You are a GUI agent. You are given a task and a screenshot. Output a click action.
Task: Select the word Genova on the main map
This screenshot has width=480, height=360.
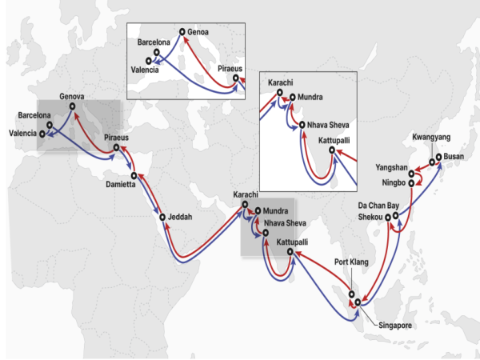pos(72,97)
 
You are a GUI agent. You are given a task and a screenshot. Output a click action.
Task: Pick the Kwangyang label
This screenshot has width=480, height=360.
pos(432,137)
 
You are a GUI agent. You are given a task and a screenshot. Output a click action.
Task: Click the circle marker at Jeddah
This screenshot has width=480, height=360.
pos(162,217)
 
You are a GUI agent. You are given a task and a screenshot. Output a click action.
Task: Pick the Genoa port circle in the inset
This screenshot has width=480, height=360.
pos(183,33)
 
